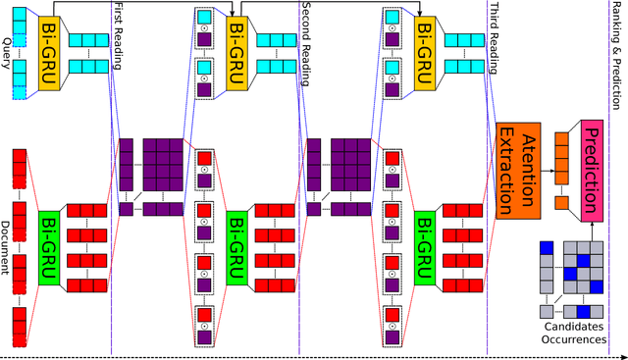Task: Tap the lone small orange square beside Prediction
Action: click(x=561, y=203)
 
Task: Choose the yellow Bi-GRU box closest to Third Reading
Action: click(x=424, y=39)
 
